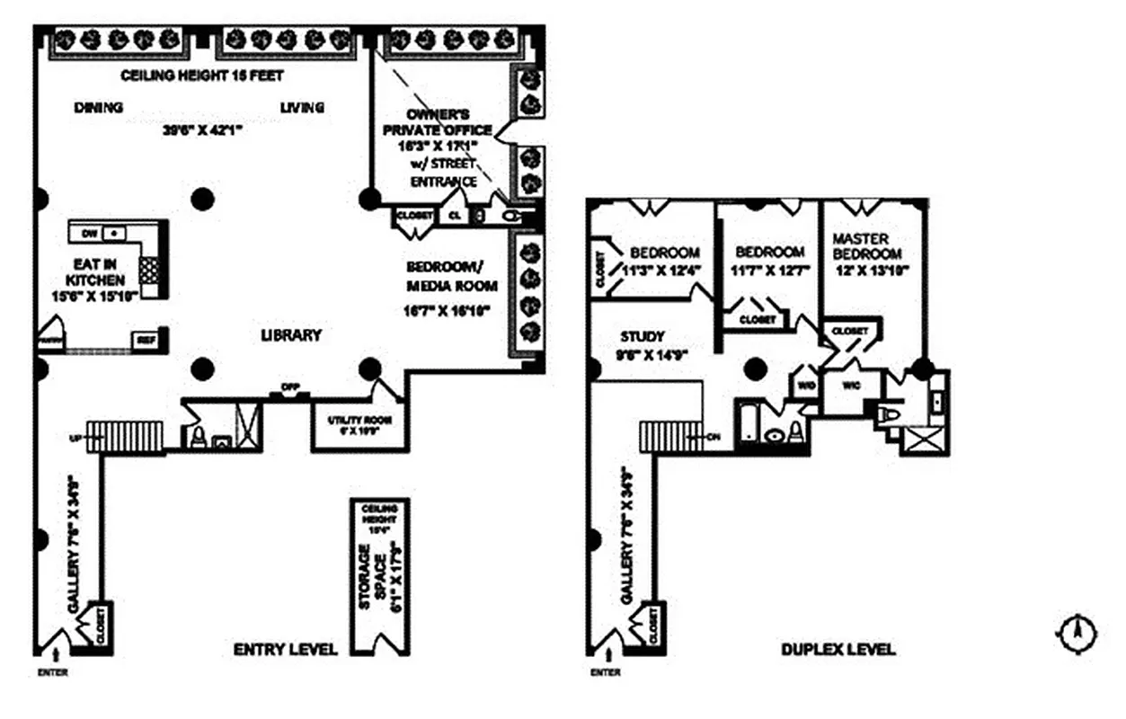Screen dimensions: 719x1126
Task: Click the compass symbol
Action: point(1075,635)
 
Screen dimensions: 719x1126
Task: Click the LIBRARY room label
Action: point(290,335)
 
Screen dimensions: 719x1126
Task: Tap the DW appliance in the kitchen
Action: point(89,234)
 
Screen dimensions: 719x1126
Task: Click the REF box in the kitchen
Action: point(144,341)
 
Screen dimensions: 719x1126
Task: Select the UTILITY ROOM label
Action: point(359,424)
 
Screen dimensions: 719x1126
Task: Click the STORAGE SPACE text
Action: point(377,575)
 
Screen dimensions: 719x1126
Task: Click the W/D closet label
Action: point(804,386)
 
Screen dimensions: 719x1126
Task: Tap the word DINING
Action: point(98,108)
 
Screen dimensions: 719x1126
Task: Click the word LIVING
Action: point(301,108)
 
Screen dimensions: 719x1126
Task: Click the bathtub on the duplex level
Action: point(748,422)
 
